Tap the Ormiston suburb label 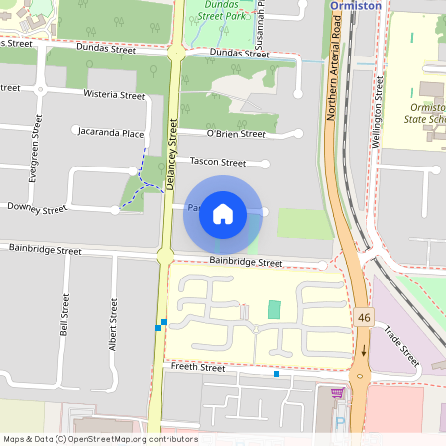coord(355,5)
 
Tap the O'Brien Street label coord(236,134)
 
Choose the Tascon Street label coord(218,162)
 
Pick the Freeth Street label coord(199,367)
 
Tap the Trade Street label coord(401,347)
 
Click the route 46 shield coord(364,315)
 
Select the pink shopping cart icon coord(338,392)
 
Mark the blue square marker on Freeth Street coord(277,374)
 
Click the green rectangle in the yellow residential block coord(275,309)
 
